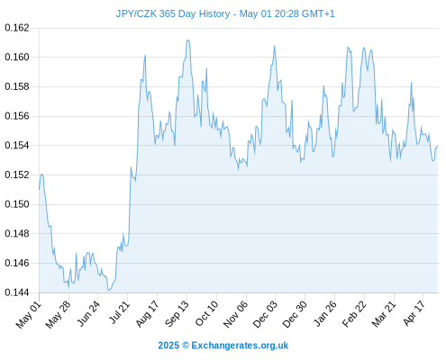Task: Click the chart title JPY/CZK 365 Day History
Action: (x=173, y=13)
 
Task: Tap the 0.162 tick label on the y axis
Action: (x=17, y=28)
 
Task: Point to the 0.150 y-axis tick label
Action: (x=17, y=204)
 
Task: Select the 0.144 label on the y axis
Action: (x=17, y=292)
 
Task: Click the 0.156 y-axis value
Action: (x=17, y=116)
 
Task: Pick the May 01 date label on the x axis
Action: (x=29, y=315)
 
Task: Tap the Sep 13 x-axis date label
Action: (x=177, y=314)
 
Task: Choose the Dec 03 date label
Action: (x=266, y=314)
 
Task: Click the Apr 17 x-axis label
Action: (x=414, y=313)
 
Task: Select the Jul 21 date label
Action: (x=119, y=312)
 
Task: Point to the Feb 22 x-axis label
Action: (x=355, y=314)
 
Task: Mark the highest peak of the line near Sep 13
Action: (x=188, y=40)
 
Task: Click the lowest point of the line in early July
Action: (x=109, y=290)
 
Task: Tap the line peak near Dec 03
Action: (x=274, y=46)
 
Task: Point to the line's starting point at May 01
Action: (x=39, y=190)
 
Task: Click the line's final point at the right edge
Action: (x=438, y=146)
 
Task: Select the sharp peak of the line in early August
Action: (x=145, y=55)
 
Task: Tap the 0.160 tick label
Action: (x=17, y=57)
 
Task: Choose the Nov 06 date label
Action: (x=236, y=314)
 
